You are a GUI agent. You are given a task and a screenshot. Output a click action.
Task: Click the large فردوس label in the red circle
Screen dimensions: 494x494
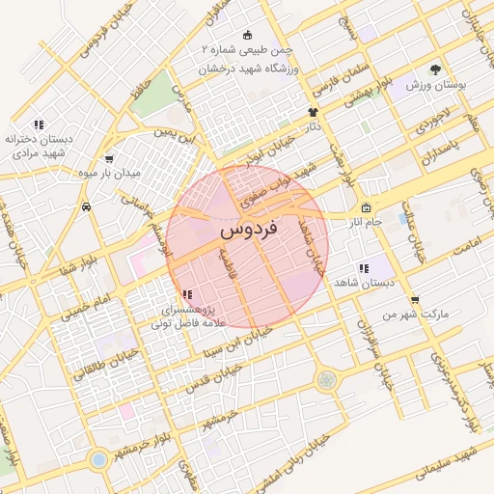[248, 231]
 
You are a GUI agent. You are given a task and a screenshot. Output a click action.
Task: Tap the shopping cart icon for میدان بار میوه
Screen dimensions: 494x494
[108, 160]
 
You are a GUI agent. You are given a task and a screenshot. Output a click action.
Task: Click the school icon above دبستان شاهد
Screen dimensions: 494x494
[363, 268]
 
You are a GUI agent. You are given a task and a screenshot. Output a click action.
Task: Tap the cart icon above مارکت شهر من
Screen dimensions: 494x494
[414, 300]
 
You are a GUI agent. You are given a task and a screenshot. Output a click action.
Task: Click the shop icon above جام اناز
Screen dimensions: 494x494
[366, 208]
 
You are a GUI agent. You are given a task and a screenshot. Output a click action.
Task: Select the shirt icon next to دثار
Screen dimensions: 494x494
[313, 112]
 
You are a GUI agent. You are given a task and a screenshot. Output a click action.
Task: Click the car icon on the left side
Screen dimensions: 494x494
[87, 206]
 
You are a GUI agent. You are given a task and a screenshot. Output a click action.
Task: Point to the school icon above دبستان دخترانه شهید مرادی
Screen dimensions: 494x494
[39, 124]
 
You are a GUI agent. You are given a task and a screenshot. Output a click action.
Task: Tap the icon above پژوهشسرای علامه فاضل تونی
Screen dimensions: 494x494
[187, 294]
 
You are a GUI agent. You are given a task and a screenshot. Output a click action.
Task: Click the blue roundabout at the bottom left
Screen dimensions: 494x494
[97, 457]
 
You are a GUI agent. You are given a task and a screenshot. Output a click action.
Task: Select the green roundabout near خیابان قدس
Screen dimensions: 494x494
[327, 379]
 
